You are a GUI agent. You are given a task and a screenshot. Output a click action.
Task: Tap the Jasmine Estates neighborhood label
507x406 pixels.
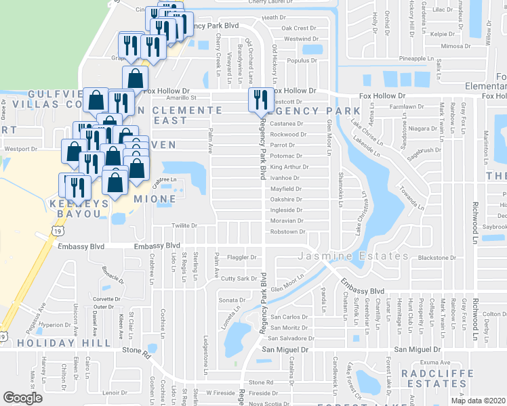click(x=340, y=256)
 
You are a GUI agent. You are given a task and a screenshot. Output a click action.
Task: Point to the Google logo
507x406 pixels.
click(x=22, y=398)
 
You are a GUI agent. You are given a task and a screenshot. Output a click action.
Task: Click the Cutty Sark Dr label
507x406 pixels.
click(x=239, y=278)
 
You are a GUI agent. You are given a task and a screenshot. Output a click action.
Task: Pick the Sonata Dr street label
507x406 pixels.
click(x=231, y=299)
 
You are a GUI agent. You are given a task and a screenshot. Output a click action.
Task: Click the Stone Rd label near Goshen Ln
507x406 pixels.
click(x=136, y=351)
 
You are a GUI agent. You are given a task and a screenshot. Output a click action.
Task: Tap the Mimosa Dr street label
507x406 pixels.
click(x=451, y=47)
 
